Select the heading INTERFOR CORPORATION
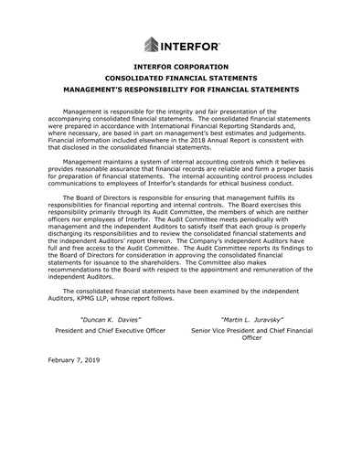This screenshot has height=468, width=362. pos(181,69)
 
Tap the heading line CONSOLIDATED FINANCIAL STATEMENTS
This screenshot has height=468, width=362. pos(181,80)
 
